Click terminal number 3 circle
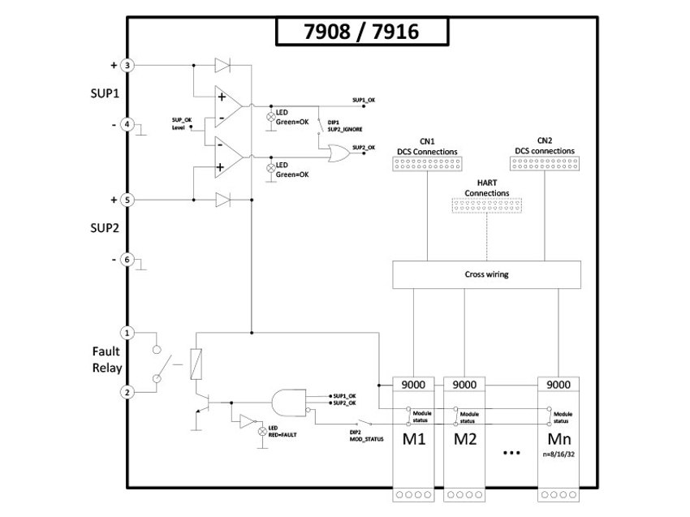pos(127,64)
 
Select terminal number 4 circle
pos(127,125)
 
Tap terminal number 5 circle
pos(127,199)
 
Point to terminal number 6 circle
pos(127,260)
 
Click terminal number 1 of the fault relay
pos(127,333)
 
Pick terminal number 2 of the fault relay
pos(127,392)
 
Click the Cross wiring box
pos(486,274)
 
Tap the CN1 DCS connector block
pos(427,165)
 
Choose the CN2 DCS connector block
pos(545,165)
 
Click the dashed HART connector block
pos(486,207)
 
